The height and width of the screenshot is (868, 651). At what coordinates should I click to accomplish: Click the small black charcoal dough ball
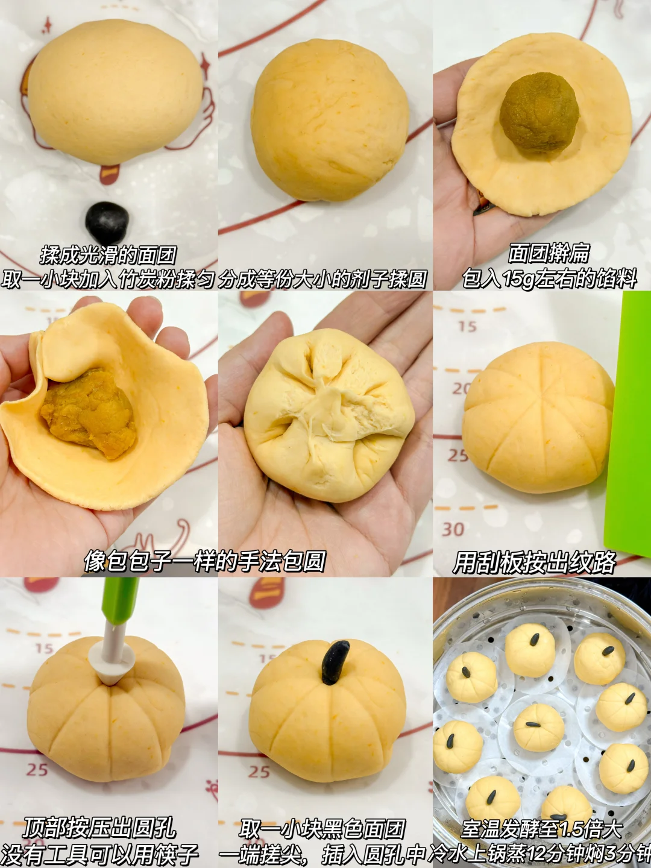[107, 222]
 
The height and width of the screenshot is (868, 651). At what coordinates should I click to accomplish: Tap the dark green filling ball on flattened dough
[539, 112]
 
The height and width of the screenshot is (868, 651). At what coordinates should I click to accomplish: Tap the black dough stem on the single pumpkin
[335, 662]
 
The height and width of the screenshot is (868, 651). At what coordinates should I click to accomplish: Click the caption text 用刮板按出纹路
[534, 562]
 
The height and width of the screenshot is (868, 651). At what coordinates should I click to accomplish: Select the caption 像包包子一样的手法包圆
[204, 561]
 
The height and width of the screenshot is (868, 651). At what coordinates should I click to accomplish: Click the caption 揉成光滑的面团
[108, 256]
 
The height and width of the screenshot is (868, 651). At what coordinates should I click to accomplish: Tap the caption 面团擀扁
[549, 253]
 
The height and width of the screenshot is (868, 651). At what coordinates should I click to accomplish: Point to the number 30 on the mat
[453, 529]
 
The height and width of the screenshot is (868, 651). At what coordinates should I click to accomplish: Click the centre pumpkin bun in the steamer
[539, 727]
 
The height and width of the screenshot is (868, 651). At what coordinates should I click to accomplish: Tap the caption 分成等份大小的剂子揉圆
[322, 280]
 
